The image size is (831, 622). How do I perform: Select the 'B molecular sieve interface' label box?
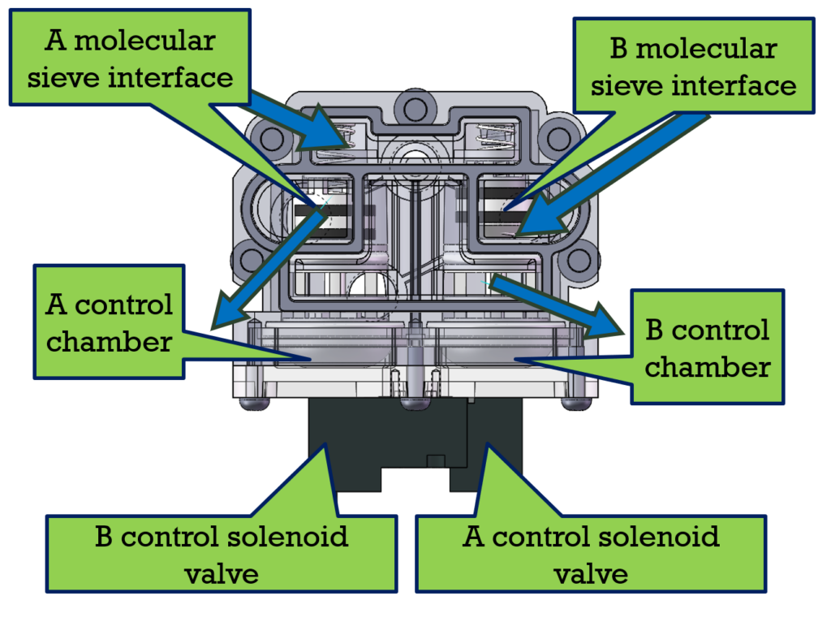(x=693, y=65)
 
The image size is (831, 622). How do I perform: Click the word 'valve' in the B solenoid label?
(x=222, y=573)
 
